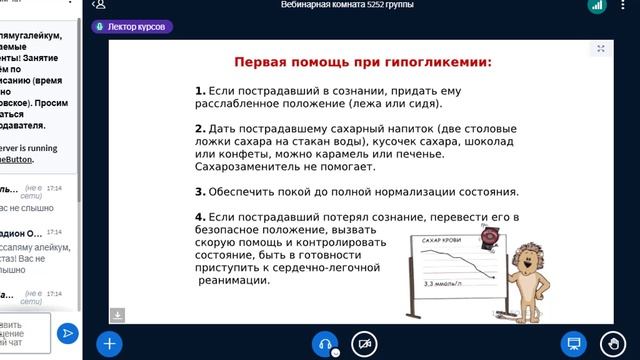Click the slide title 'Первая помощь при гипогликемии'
point(363,62)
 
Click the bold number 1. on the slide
point(200,90)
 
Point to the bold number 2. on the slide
point(200,129)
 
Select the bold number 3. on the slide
point(200,191)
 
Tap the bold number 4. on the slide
point(200,217)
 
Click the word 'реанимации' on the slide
point(233,281)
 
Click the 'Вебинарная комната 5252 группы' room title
point(347,6)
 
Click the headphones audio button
point(325,343)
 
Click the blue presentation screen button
point(573,343)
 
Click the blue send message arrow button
point(68,332)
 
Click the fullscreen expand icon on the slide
point(601,48)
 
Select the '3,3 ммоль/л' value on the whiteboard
point(446,285)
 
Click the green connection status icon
point(597,6)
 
